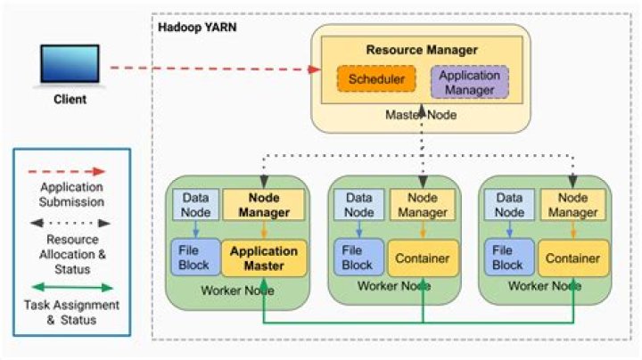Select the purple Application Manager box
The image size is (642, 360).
(469, 81)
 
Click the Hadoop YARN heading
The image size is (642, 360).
(195, 28)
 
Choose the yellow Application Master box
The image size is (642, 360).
(263, 258)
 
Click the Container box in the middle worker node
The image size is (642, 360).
(424, 258)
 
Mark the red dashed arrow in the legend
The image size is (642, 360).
(72, 170)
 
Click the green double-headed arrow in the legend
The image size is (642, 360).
(72, 288)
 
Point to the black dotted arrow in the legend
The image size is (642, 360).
(72, 225)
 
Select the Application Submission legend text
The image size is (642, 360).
(72, 192)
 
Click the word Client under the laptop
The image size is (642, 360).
(67, 100)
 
